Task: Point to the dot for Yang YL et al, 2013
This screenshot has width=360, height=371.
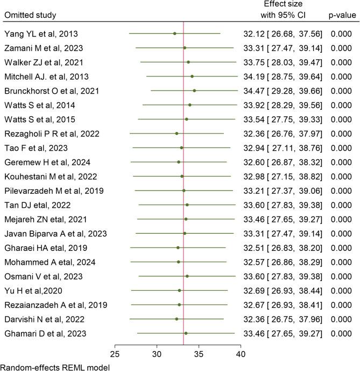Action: (x=174, y=33)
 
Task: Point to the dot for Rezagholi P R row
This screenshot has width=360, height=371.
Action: (x=177, y=133)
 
